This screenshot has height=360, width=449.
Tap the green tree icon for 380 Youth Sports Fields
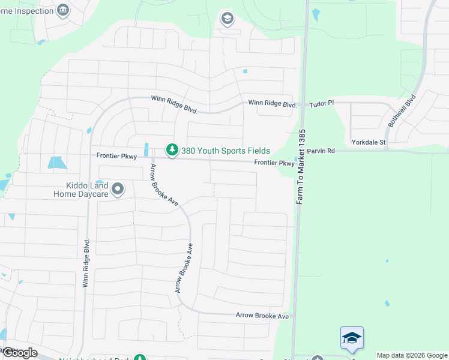(x=172, y=149)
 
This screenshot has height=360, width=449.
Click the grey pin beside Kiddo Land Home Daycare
(x=118, y=190)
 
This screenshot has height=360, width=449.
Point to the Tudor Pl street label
(x=321, y=104)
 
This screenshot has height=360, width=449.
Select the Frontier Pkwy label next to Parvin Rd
(x=274, y=163)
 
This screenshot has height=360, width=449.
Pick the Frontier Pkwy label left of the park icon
(x=118, y=155)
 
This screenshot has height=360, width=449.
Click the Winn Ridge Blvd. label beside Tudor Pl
(x=273, y=104)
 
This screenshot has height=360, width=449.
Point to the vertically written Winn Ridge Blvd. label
(x=86, y=263)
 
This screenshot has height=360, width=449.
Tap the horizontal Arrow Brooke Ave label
(x=262, y=315)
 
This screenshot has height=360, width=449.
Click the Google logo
(x=20, y=352)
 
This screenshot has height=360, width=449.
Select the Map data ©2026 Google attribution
(x=412, y=355)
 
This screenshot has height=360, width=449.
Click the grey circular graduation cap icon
(x=227, y=19)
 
